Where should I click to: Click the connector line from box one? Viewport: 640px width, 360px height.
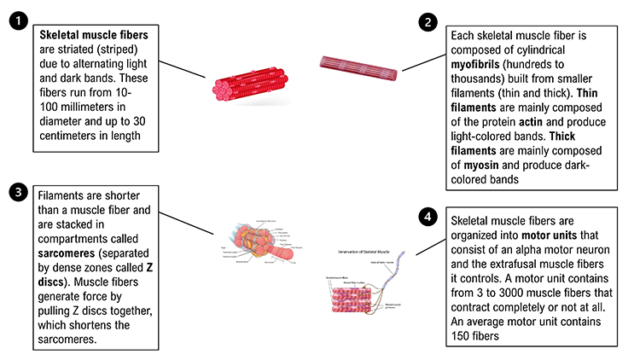183,70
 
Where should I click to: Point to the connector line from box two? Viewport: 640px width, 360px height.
423,61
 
